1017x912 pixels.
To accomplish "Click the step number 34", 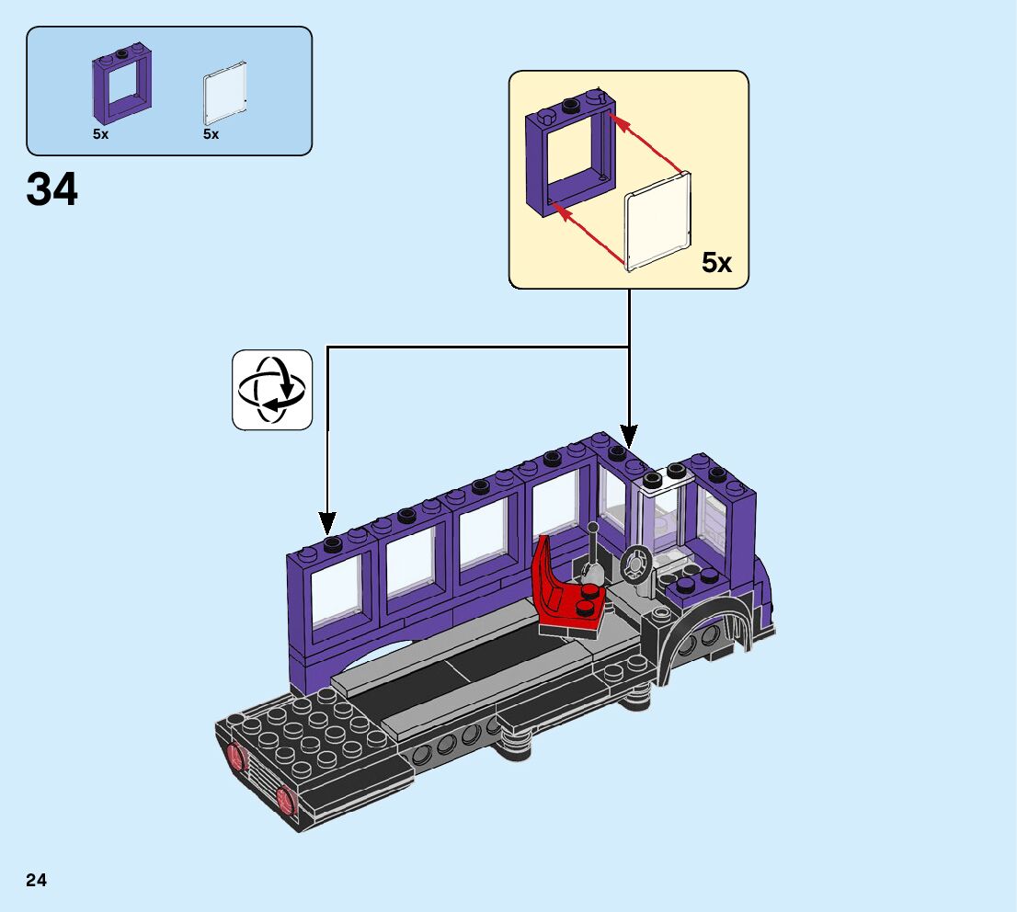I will pyautogui.click(x=52, y=191).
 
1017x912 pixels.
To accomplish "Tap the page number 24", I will pyautogui.click(x=37, y=881).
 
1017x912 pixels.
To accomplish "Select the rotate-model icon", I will pyautogui.click(x=272, y=390).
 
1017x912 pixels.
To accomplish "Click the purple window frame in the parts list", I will pyautogui.click(x=120, y=85).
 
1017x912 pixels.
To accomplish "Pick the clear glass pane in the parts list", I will pyautogui.click(x=224, y=93).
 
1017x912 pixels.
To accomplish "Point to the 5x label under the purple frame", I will pyautogui.click(x=100, y=134).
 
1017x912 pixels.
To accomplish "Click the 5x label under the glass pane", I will pyautogui.click(x=211, y=134).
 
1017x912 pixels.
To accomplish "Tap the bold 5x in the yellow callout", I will pyautogui.click(x=716, y=263).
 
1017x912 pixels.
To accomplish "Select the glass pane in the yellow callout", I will pyautogui.click(x=657, y=222).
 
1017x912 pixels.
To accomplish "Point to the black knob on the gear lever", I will pyautogui.click(x=593, y=529).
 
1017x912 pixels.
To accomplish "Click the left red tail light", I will pyautogui.click(x=237, y=758).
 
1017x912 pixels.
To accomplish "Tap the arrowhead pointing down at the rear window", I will pyautogui.click(x=327, y=521).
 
